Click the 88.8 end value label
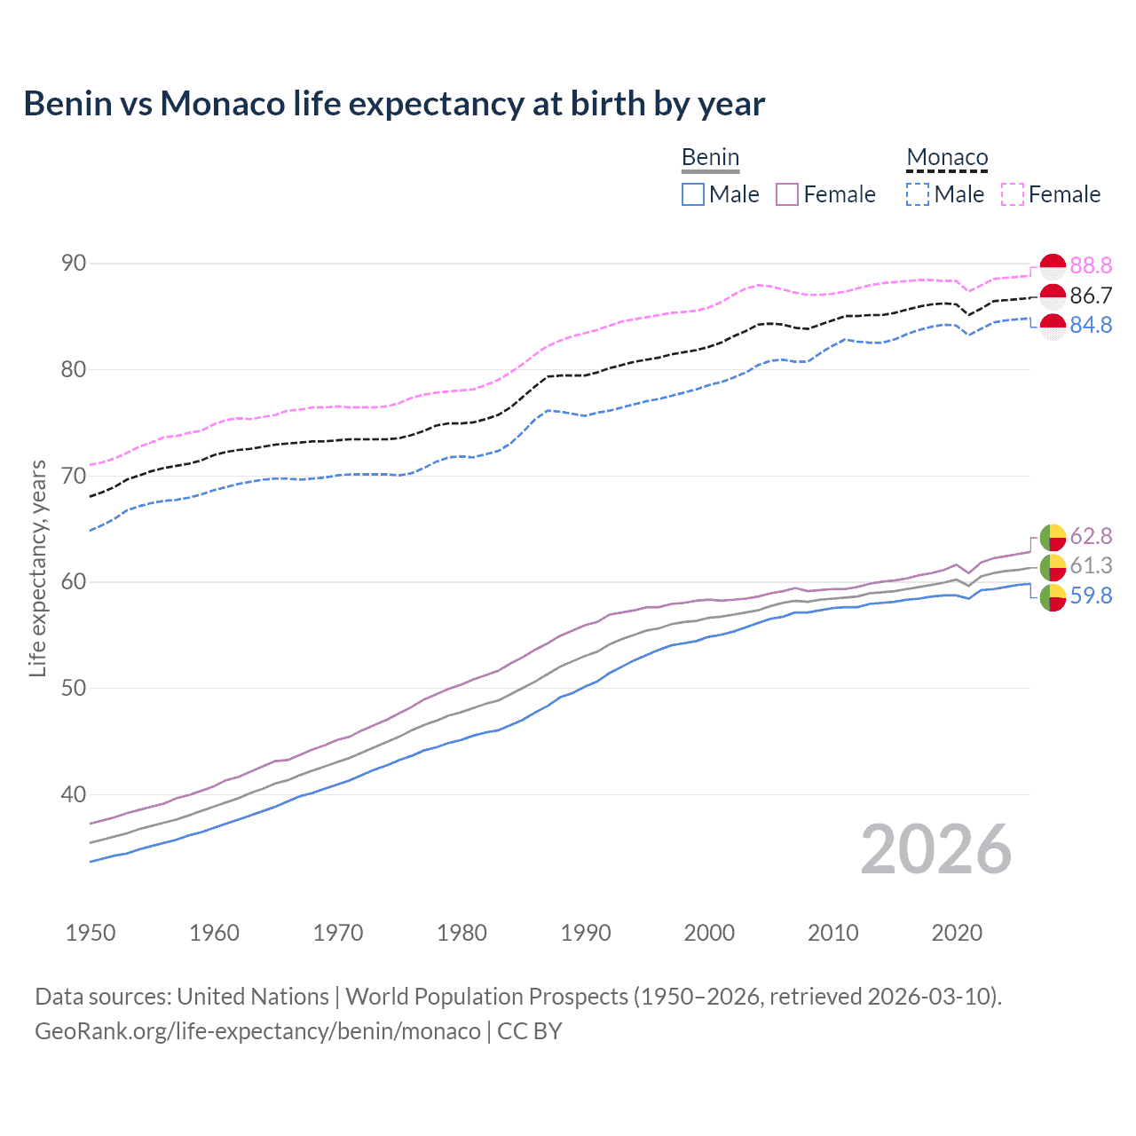point(1091,265)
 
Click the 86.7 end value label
point(1091,296)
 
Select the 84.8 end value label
point(1091,325)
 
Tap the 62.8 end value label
point(1091,536)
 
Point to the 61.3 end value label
point(1091,565)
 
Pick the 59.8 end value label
point(1091,596)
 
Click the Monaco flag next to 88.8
point(1053,265)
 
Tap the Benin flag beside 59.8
point(1053,597)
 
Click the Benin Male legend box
point(693,194)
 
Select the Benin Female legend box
point(787,194)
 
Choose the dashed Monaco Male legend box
point(918,194)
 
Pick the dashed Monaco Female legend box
point(1013,194)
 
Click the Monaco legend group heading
point(947,158)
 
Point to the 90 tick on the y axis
point(74,263)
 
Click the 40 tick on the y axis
point(74,794)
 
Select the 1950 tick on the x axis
point(91,933)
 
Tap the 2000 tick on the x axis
point(709,933)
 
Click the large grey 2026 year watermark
point(936,849)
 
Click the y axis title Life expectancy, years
point(37,568)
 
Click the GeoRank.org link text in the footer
point(257,1031)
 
